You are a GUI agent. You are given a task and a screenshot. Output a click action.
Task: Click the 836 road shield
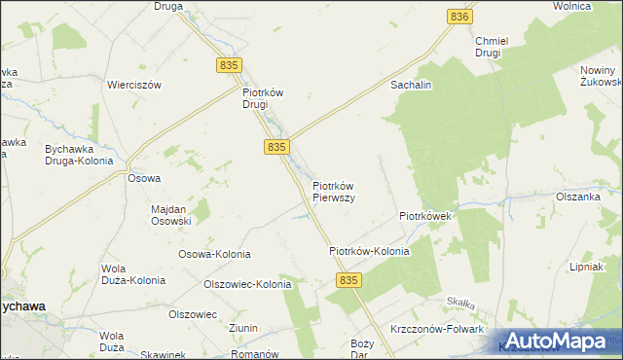tap(461, 17)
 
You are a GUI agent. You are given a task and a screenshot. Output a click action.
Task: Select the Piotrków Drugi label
tap(262, 98)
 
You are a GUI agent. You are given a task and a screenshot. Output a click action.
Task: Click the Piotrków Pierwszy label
tap(333, 191)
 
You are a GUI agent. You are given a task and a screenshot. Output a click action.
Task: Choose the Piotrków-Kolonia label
tap(369, 251)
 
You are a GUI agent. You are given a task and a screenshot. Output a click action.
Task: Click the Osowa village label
tap(144, 178)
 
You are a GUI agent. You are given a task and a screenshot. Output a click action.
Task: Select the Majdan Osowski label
tap(170, 214)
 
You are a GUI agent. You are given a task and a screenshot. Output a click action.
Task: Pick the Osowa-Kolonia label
tap(214, 254)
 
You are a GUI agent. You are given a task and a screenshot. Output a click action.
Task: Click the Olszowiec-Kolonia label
tap(247, 284)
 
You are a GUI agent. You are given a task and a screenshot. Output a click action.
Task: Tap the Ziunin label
tap(243, 329)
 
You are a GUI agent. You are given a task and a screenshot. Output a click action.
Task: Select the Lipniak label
tap(588, 267)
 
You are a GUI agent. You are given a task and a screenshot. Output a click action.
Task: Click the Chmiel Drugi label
tap(488, 47)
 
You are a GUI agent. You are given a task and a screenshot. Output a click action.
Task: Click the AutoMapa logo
tap(558, 341)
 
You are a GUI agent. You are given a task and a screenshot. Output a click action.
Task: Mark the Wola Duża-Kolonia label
tap(133, 273)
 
